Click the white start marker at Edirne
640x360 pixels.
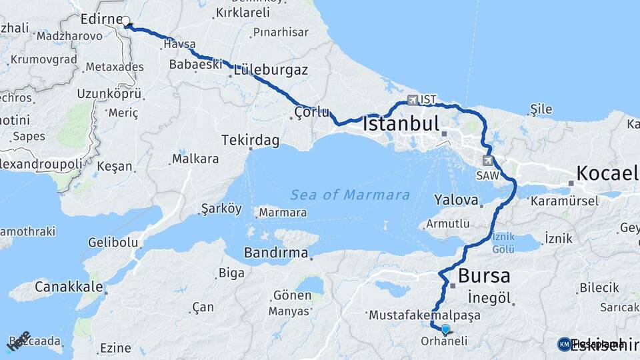click(x=125, y=21)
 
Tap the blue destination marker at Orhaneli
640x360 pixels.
click(x=445, y=329)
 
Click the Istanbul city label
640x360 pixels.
click(x=400, y=124)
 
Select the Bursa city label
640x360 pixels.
click(x=484, y=276)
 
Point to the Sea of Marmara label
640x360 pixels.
click(x=350, y=195)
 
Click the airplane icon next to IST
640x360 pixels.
click(x=412, y=100)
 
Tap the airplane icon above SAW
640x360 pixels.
click(x=489, y=161)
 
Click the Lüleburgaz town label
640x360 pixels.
click(x=270, y=70)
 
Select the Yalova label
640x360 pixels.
click(x=456, y=199)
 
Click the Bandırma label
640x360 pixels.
click(x=276, y=253)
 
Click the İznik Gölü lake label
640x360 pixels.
click(x=503, y=243)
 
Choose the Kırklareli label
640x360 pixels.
click(x=243, y=13)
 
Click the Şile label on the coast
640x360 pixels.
click(x=541, y=108)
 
